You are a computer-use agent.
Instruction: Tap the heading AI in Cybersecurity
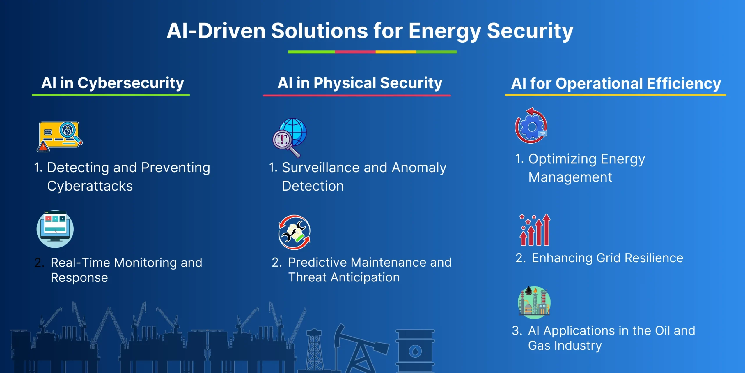[113, 83]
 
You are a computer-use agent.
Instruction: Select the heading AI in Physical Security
[360, 83]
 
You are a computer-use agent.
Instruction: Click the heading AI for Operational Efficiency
[616, 84]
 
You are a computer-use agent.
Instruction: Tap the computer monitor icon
[55, 229]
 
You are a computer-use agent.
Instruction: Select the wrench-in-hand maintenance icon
[295, 232]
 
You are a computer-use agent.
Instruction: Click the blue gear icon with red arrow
[531, 126]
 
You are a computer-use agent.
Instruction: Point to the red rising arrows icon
[535, 230]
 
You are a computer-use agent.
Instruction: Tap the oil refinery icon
[534, 302]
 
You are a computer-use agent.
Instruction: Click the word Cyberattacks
[90, 186]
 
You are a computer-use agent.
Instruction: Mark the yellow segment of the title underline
[396, 52]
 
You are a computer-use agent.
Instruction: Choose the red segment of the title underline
[355, 52]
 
